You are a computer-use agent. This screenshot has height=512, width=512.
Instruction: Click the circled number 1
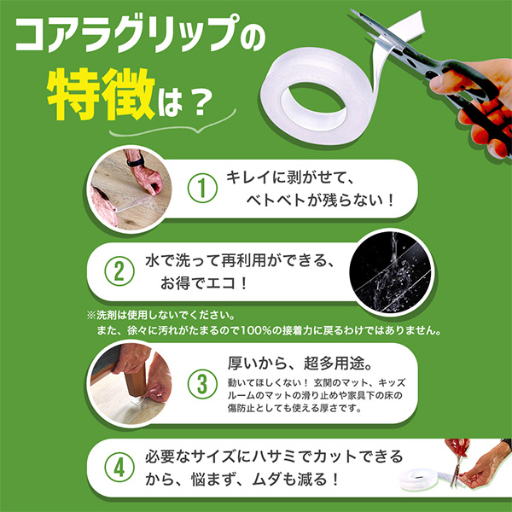click(x=202, y=188)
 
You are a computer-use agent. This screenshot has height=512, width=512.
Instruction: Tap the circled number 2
click(x=119, y=271)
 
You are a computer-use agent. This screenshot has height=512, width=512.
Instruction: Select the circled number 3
click(x=202, y=384)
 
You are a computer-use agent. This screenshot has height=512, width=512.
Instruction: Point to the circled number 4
click(x=119, y=468)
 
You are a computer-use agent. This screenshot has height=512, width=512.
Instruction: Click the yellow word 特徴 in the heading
click(x=102, y=94)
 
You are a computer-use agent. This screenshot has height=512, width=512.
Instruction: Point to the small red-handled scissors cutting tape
click(x=457, y=462)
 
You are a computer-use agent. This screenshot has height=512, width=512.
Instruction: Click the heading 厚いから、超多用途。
click(x=300, y=364)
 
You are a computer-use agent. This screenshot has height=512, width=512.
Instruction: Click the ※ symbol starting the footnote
click(x=91, y=316)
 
